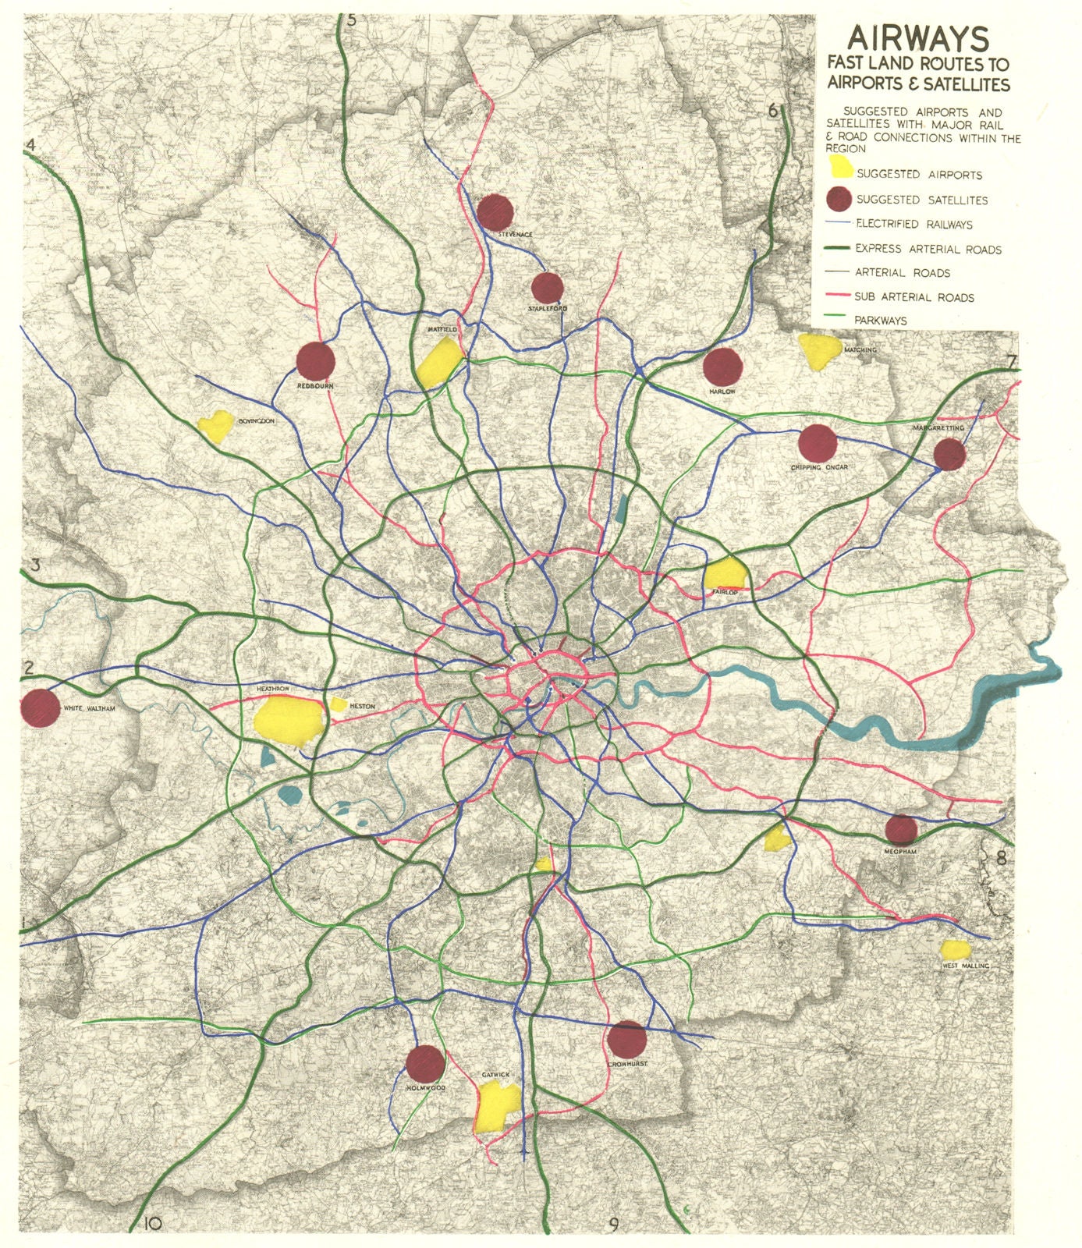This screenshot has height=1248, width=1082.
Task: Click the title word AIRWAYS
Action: (918, 38)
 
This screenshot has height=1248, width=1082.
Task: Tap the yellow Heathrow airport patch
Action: (289, 719)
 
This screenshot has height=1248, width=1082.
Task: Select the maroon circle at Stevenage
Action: (495, 212)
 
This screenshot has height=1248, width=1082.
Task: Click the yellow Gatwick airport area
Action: (497, 1108)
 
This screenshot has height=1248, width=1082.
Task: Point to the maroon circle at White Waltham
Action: (39, 708)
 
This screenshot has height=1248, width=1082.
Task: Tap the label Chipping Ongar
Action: (818, 467)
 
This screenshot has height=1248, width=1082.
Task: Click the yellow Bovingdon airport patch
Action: (215, 426)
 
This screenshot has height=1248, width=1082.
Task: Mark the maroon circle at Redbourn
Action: (316, 361)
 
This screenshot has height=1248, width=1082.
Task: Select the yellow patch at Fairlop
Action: (725, 575)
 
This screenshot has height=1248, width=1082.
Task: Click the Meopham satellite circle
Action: (901, 830)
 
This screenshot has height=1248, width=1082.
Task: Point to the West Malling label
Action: (965, 966)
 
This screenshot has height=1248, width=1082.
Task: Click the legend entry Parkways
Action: (880, 320)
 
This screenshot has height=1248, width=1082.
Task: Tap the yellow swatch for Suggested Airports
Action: (839, 167)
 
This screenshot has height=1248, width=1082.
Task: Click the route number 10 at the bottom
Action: (152, 1224)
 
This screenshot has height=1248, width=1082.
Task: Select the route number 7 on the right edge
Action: (1011, 362)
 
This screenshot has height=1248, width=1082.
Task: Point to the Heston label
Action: (362, 706)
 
